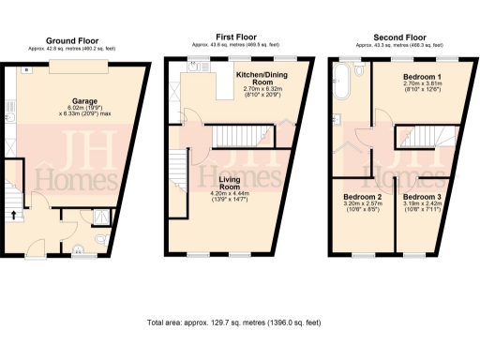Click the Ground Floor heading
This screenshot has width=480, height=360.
pyautogui.click(x=75, y=40)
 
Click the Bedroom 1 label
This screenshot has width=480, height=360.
pyautogui.click(x=421, y=74)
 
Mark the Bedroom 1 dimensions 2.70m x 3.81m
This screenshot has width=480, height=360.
pyautogui.click(x=421, y=87)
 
